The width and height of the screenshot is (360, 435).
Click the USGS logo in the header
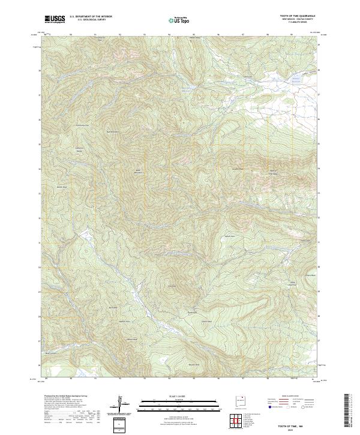coord(55,19)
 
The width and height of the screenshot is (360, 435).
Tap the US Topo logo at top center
coord(179,20)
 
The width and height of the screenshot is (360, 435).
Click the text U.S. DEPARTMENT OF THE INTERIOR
coord(91,17)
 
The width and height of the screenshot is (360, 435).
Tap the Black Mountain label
coord(137,171)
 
